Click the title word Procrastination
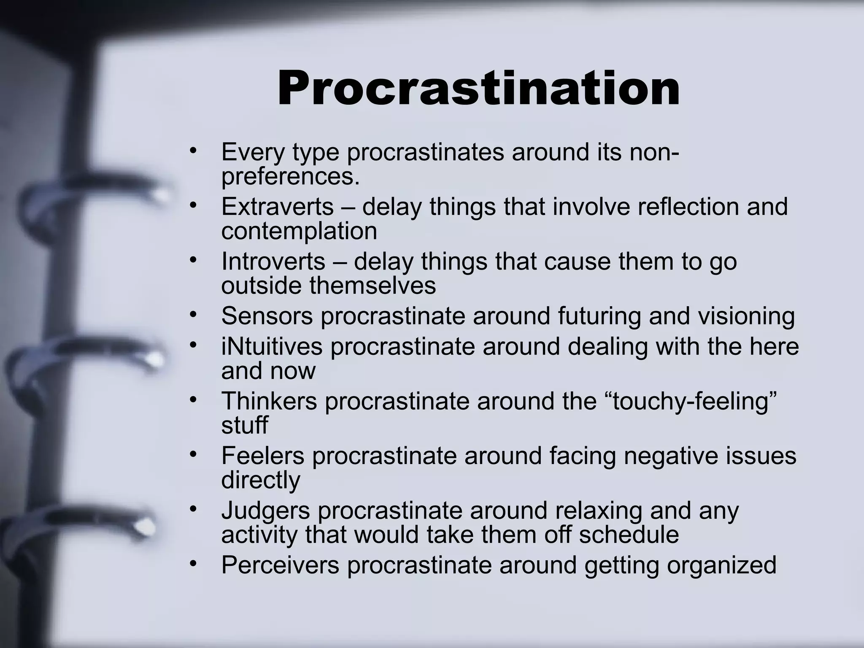pyautogui.click(x=478, y=89)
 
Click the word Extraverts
pyautogui.click(x=278, y=207)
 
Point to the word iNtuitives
pyautogui.click(x=272, y=346)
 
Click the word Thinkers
pyautogui.click(x=269, y=401)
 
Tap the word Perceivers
pyautogui.click(x=280, y=565)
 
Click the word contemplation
pyautogui.click(x=299, y=231)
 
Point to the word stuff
pyautogui.click(x=244, y=425)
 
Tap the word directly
pyautogui.click(x=261, y=480)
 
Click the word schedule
pyautogui.click(x=629, y=535)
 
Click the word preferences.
pyautogui.click(x=290, y=176)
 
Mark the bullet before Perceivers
pyautogui.click(x=193, y=564)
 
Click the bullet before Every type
pyautogui.click(x=193, y=151)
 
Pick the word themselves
pyautogui.click(x=373, y=286)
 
